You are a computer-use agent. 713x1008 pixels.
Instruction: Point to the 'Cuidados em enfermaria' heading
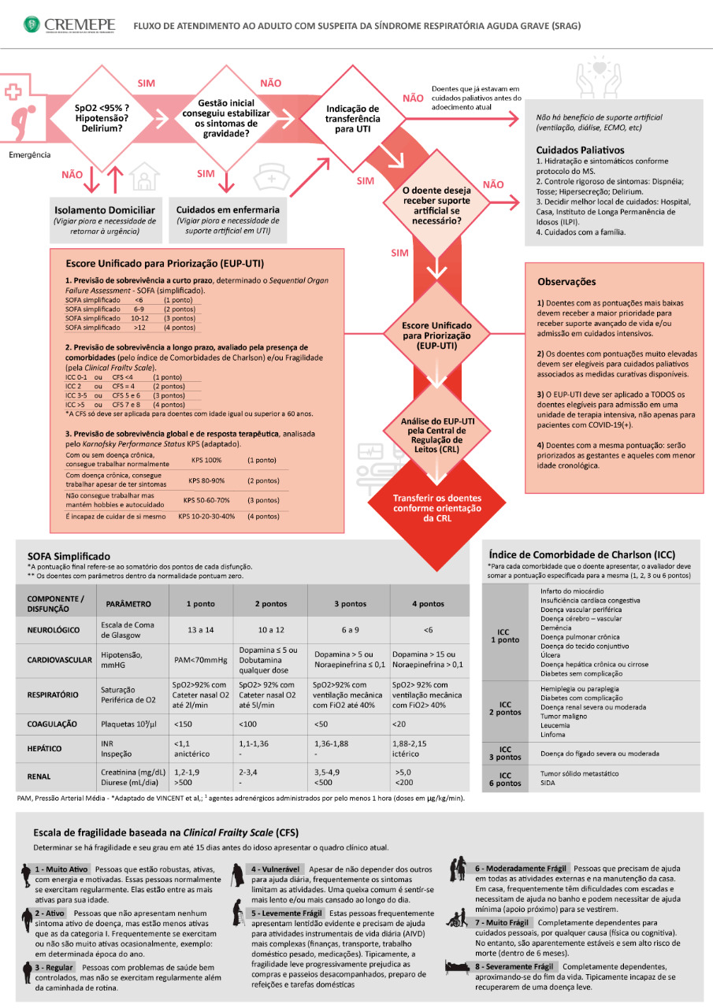pyautogui.click(x=228, y=210)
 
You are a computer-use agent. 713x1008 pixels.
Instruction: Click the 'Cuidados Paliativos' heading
pyautogui.click(x=580, y=150)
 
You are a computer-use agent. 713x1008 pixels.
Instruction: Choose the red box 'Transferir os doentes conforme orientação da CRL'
pyautogui.click(x=436, y=508)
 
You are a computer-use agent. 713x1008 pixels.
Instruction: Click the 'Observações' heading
pyautogui.click(x=566, y=281)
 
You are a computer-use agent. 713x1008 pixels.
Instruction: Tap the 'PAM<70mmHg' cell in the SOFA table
pyautogui.click(x=197, y=659)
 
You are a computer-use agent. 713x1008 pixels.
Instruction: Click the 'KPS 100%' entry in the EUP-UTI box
pyautogui.click(x=206, y=459)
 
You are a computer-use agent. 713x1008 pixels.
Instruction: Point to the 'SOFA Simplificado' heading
pyautogui.click(x=69, y=556)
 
